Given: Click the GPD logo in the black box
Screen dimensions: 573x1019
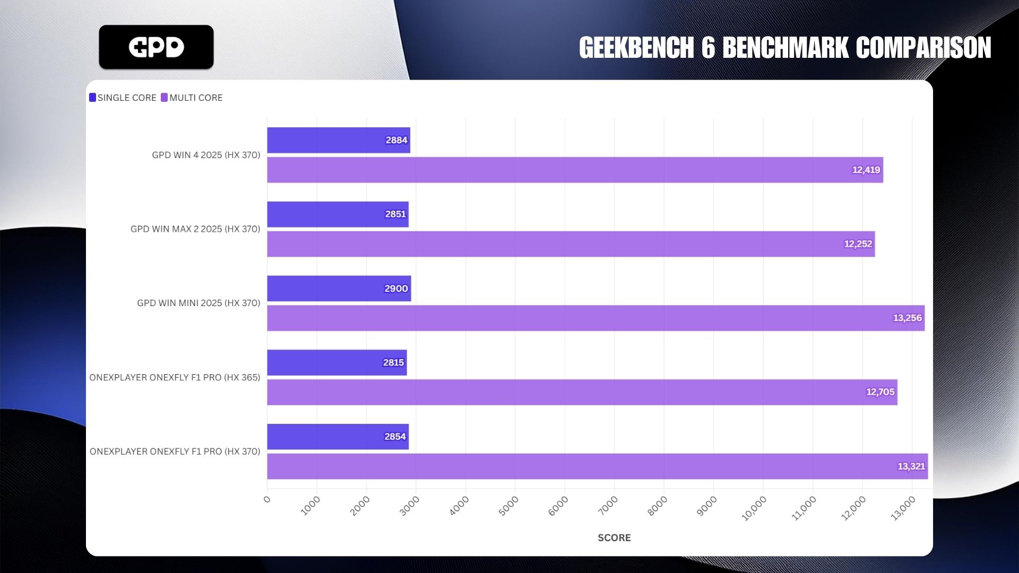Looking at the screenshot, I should [156, 47].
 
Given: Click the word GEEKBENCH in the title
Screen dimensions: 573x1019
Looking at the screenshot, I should [636, 48].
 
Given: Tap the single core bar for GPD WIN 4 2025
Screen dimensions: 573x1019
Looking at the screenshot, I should [338, 141].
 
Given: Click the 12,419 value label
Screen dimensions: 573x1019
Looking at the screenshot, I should [866, 170].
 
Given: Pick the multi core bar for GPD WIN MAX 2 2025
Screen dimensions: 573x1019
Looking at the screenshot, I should [571, 244].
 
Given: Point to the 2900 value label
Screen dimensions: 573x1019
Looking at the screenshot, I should [396, 289].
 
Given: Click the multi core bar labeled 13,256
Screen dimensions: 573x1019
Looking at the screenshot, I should [595, 318].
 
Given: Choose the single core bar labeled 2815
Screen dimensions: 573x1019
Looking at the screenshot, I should [336, 363].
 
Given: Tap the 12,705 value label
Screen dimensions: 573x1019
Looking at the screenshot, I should [880, 392].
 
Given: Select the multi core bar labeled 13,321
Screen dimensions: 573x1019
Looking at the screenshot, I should [597, 466].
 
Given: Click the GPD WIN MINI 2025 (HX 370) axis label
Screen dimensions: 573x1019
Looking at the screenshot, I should [198, 303].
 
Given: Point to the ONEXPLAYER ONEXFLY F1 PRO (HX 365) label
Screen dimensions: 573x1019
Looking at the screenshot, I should [175, 377].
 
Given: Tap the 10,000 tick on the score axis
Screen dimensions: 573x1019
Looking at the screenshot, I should [754, 508].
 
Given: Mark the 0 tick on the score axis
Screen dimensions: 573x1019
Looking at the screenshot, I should [267, 499].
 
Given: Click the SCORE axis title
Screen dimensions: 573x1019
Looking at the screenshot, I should [614, 537].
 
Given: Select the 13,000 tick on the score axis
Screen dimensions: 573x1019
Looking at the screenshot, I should [903, 508].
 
